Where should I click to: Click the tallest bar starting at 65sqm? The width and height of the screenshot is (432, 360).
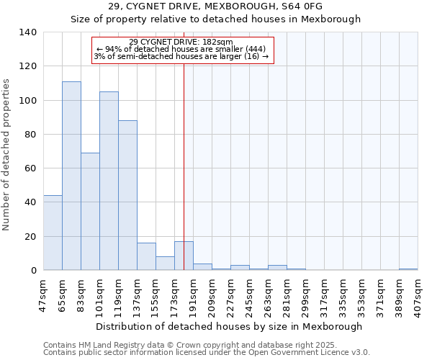(x=71, y=176)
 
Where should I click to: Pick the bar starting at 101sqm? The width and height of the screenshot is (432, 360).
(x=109, y=181)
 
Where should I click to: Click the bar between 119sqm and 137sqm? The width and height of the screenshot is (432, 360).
(x=127, y=195)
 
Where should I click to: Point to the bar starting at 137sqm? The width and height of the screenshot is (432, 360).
(x=146, y=256)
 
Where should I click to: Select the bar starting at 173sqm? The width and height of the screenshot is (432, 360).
(x=184, y=256)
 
